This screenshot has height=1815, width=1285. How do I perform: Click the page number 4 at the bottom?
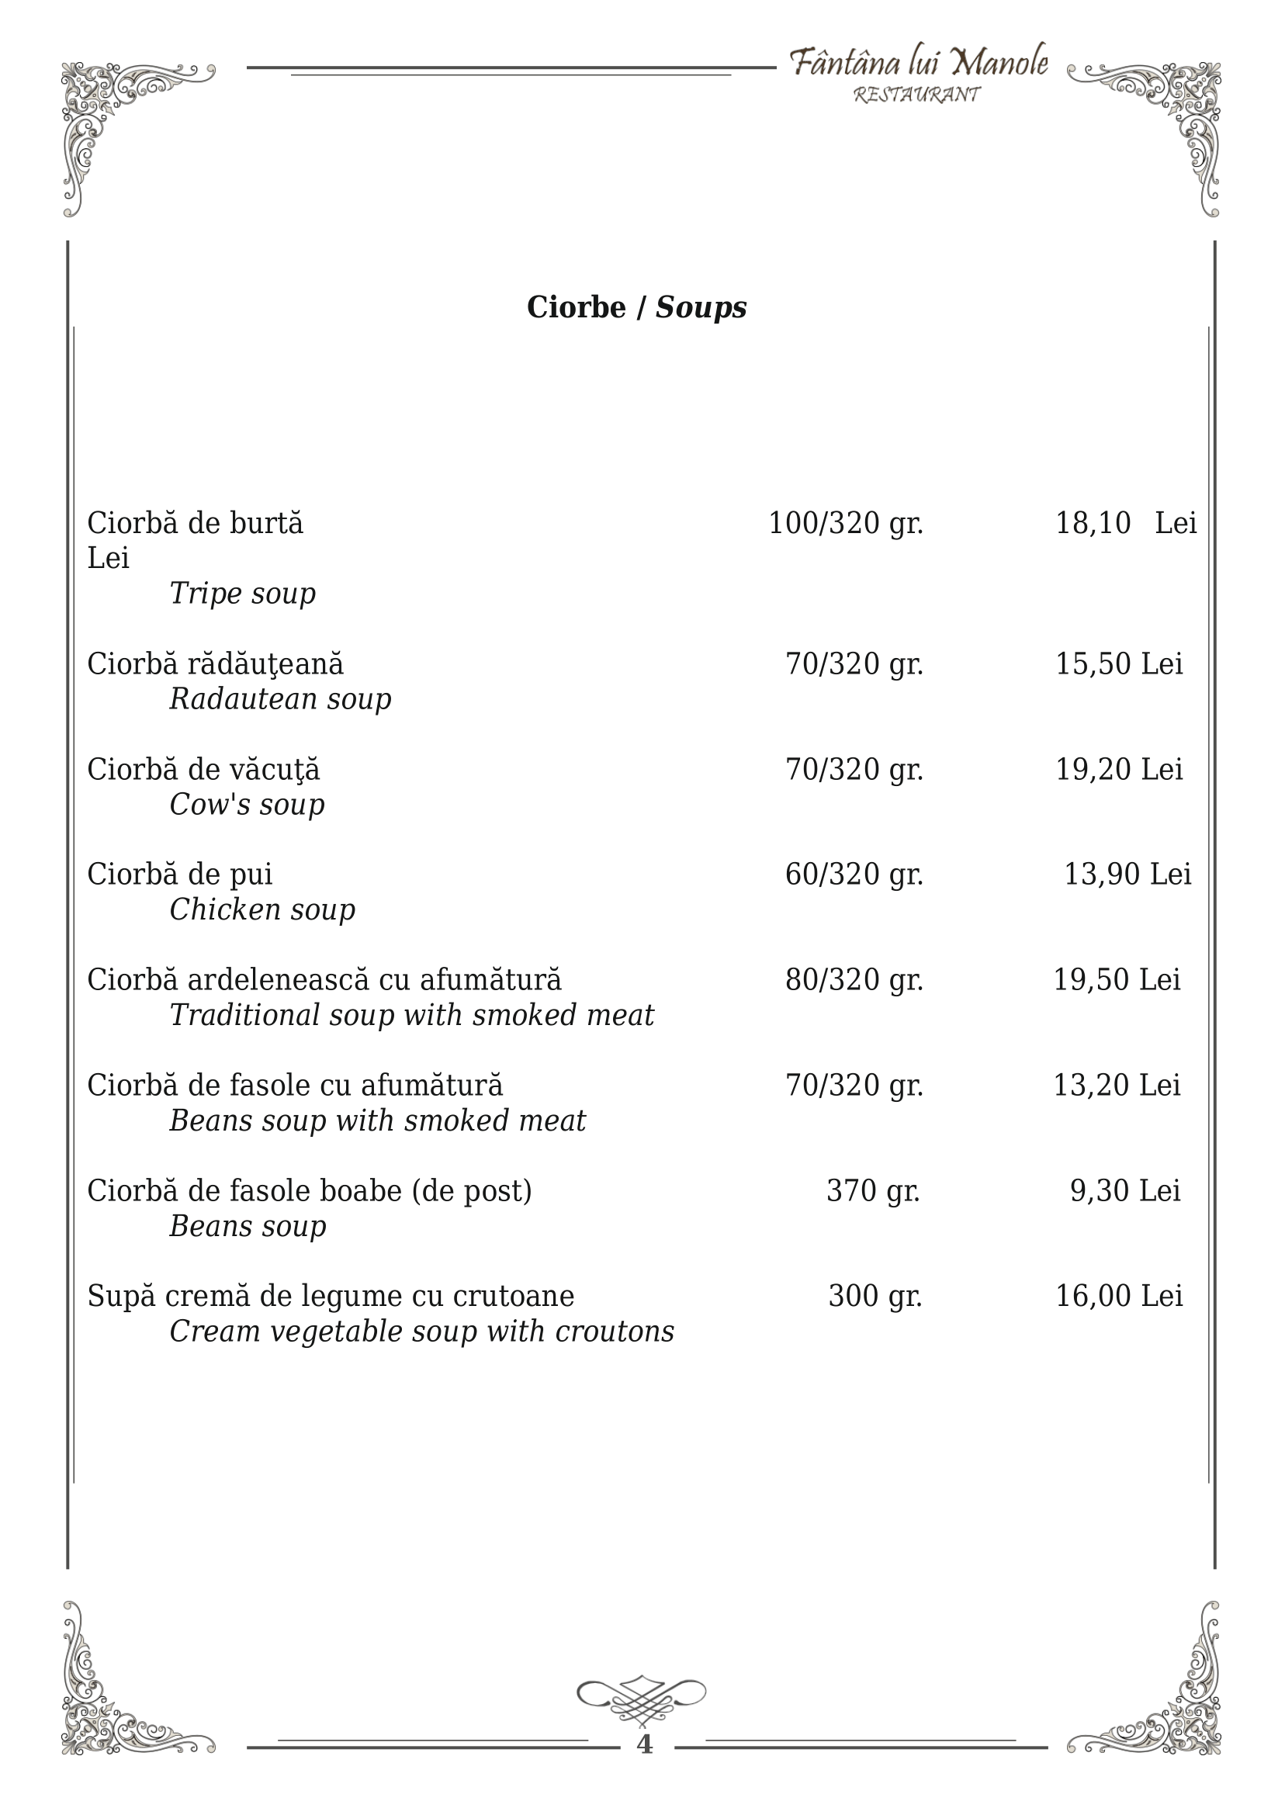[644, 1744]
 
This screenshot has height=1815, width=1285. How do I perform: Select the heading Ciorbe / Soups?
[636, 307]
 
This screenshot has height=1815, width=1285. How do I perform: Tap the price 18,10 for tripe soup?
[1093, 524]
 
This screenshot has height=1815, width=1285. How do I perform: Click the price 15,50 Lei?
[1119, 663]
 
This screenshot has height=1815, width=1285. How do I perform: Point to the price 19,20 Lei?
[1119, 769]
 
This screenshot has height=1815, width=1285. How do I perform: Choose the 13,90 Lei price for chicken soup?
[1127, 875]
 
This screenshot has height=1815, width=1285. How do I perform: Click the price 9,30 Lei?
[1124, 1191]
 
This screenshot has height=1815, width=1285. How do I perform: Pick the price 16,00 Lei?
[1119, 1296]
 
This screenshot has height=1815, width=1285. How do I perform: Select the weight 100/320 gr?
[846, 524]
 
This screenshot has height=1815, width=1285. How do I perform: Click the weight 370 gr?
[873, 1191]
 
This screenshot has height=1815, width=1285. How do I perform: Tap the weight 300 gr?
[875, 1296]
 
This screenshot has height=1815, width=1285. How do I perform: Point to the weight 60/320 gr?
[854, 875]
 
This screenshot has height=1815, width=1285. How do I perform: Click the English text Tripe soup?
[242, 594]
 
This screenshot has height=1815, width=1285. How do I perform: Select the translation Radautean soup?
[280, 698]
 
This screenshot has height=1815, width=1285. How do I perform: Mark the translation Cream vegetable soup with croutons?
[421, 1332]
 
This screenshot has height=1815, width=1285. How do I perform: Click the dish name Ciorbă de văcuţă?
[203, 769]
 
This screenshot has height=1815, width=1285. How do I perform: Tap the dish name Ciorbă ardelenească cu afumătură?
[324, 979]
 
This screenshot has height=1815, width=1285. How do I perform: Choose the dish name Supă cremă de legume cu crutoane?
[331, 1296]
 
